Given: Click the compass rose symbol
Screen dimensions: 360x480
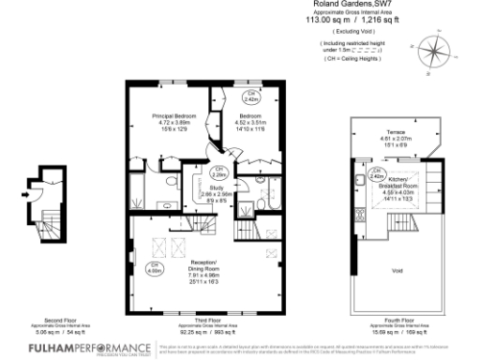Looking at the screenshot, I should point(433,46).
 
